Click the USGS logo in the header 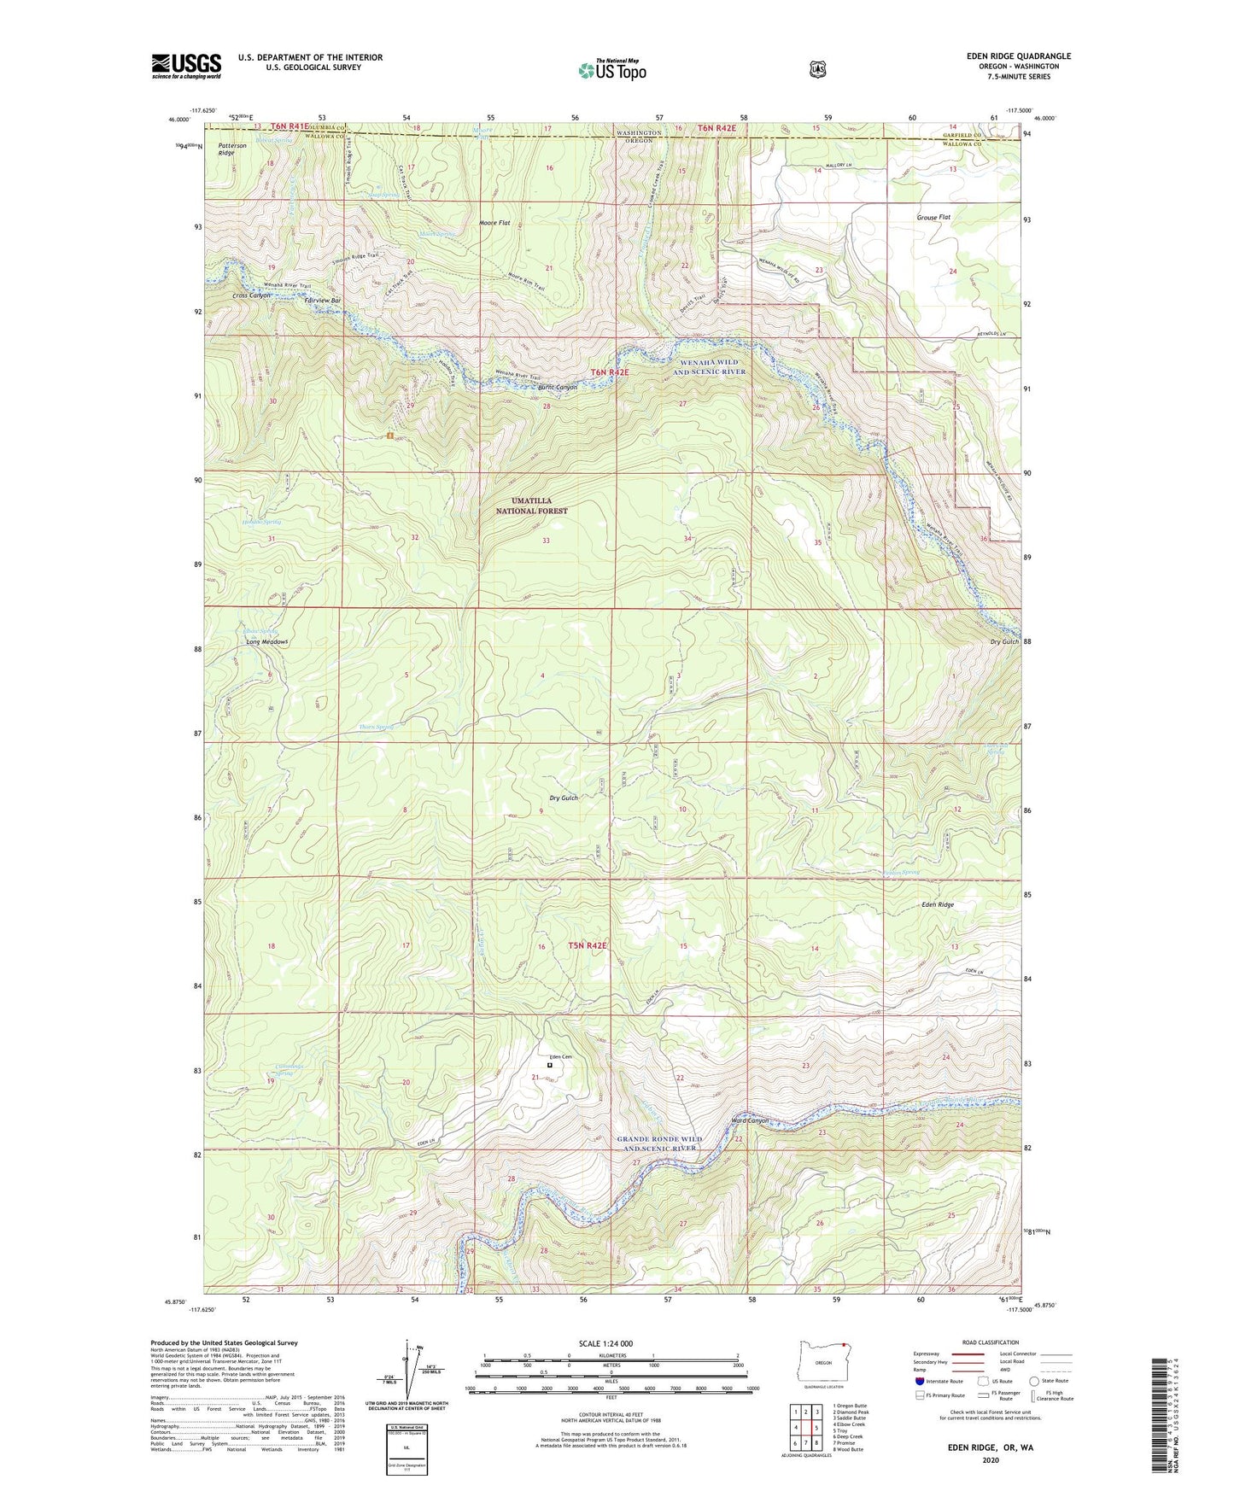point(186,66)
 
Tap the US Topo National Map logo point(612,69)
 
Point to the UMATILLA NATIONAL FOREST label point(532,506)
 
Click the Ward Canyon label point(751,1120)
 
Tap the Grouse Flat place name point(932,217)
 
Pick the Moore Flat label point(494,223)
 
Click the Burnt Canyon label point(558,388)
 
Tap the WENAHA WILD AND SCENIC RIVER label point(709,367)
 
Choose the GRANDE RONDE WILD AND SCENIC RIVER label point(659,1143)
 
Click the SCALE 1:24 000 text point(605,1344)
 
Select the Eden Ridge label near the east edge point(938,904)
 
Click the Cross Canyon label point(251,295)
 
